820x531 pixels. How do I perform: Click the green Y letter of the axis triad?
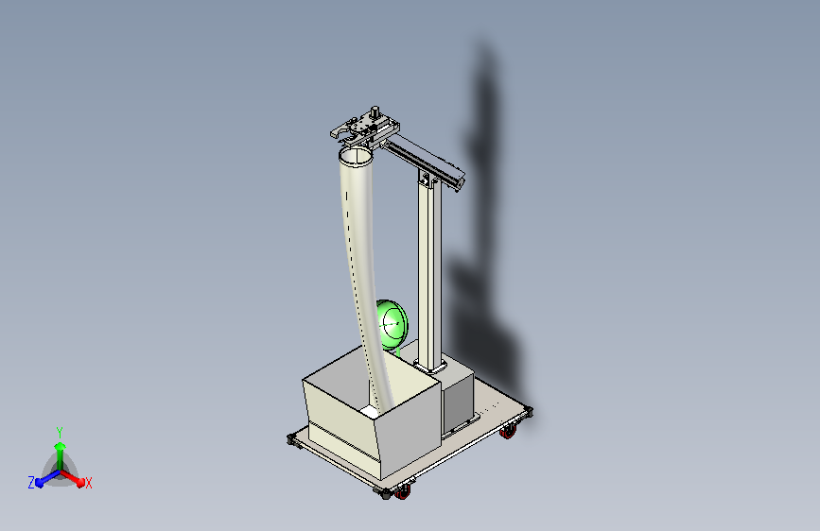60,431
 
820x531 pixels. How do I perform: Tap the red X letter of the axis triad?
89,483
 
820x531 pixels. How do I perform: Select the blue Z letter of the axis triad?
31,483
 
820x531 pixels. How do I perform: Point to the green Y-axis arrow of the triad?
60,449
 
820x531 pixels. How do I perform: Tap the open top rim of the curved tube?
357,154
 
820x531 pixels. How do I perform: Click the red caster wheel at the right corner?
509,432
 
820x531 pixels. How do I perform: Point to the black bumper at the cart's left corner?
290,438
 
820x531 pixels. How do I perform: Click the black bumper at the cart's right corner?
527,411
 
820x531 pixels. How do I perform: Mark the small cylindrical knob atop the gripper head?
375,111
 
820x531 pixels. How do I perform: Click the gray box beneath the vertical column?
458,397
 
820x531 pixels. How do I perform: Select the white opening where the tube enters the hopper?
370,411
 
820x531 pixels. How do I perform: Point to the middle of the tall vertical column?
431,274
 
